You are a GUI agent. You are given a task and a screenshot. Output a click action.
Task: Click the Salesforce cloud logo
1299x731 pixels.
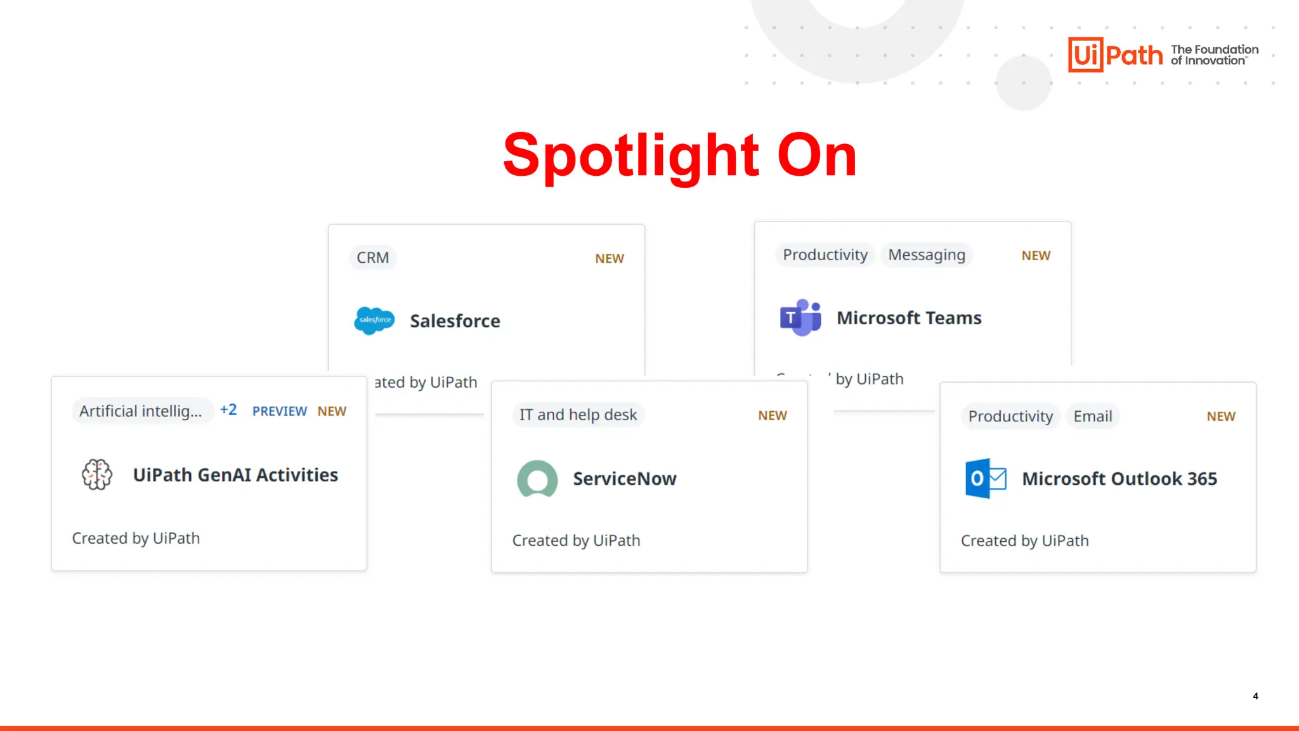[374, 320]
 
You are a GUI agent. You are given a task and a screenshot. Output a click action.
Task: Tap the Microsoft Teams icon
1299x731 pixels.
[800, 317]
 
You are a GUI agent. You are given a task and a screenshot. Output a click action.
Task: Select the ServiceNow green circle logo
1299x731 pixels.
[537, 478]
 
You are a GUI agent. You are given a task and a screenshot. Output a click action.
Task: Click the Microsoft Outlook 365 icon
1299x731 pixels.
[985, 478]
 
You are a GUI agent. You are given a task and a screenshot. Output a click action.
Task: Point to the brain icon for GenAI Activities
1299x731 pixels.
[97, 475]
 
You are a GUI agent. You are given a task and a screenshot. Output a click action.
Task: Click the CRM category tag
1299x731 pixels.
[372, 258]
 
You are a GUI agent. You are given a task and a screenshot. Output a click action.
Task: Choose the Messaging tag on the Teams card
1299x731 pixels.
[926, 254]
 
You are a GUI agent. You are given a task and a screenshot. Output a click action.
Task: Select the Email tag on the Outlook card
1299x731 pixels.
[1092, 416]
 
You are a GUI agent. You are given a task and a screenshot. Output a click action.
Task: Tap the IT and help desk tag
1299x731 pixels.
[578, 415]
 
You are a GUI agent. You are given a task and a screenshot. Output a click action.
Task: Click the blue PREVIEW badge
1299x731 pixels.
[279, 411]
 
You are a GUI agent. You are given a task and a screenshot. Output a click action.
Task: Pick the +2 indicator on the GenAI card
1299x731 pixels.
[228, 410]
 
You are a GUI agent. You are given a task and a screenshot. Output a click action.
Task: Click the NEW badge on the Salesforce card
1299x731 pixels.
[609, 259]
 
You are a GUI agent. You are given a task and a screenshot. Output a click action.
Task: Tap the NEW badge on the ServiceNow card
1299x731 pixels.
[772, 416]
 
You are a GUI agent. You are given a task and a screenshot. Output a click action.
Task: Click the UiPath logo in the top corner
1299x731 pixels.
[1115, 55]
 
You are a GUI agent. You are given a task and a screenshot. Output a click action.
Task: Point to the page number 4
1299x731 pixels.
[1255, 696]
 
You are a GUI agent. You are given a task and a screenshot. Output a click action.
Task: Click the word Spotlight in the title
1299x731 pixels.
[630, 155]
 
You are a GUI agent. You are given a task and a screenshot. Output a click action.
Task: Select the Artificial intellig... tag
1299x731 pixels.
[141, 411]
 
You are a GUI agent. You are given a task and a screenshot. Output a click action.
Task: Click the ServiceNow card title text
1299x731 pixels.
[624, 478]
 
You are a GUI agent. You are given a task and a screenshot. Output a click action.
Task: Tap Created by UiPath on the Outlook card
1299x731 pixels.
[1024, 541]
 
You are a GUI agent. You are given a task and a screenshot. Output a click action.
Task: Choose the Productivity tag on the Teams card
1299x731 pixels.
[825, 254]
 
